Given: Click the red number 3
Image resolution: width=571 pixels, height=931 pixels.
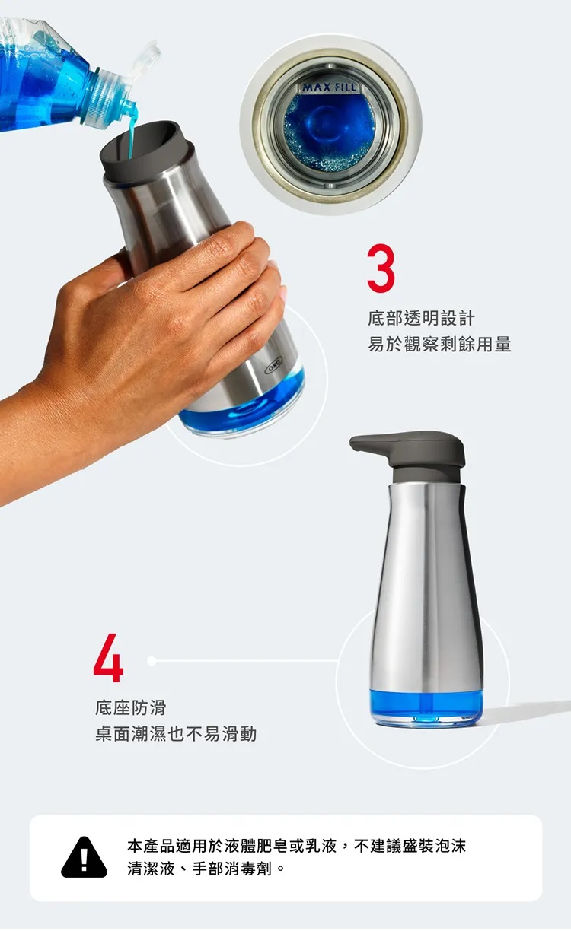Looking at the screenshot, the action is tap(381, 268).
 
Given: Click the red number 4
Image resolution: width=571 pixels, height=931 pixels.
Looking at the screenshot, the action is tap(108, 657).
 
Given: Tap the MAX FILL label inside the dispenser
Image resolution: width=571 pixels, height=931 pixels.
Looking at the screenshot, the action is tap(329, 87).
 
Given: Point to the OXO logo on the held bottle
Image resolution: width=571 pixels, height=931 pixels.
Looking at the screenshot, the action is tap(273, 364).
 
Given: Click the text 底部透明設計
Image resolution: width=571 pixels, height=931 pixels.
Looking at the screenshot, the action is tap(421, 319).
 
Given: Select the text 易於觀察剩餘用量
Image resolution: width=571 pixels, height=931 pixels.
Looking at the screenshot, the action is tap(439, 345).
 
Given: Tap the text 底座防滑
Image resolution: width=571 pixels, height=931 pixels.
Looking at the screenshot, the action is tap(131, 707).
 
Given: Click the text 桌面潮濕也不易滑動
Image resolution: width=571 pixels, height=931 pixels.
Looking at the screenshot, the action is tap(176, 734).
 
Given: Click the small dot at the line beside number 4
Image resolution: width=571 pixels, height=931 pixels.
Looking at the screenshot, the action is tap(152, 661).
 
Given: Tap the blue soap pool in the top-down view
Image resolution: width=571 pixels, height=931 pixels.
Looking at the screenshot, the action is tap(330, 132).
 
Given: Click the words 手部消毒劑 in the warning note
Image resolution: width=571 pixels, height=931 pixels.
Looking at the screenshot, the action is tap(232, 869).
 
